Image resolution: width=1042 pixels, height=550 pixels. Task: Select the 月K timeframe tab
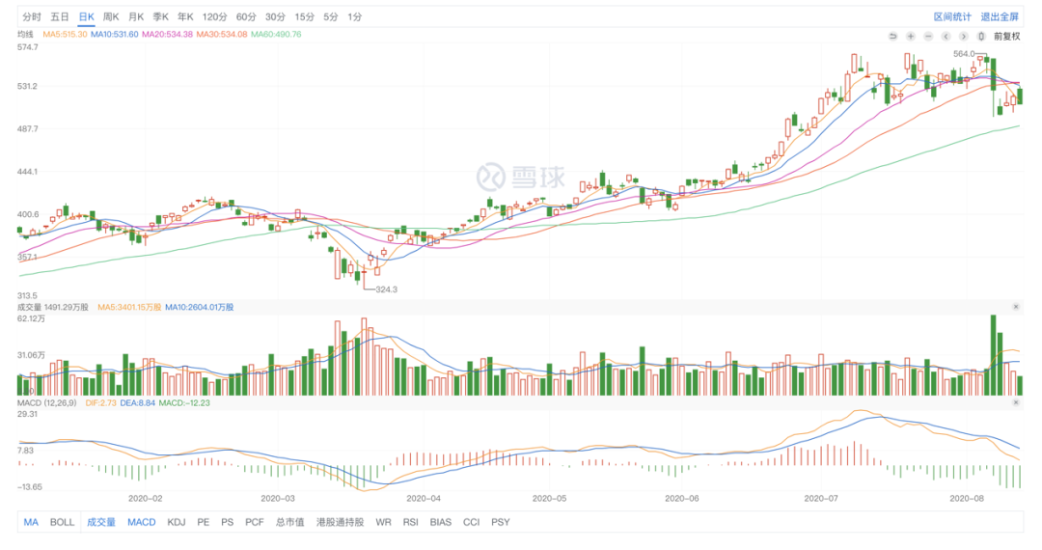click(x=135, y=17)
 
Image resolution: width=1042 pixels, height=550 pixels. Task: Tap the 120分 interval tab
click(x=215, y=17)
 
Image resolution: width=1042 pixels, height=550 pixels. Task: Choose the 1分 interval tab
click(x=355, y=17)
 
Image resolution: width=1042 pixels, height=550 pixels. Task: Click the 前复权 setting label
click(x=1006, y=36)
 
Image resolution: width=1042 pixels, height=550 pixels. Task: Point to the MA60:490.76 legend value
click(x=276, y=35)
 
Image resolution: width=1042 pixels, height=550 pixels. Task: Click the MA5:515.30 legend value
click(x=65, y=35)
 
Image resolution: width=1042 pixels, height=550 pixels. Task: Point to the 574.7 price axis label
click(x=28, y=46)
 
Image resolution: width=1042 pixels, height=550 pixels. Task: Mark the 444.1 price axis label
click(x=28, y=172)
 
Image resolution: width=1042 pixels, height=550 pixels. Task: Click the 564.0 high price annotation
click(x=964, y=54)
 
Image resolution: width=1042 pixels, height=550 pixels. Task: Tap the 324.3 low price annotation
click(x=386, y=289)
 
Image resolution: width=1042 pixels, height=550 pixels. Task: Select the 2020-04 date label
click(x=423, y=499)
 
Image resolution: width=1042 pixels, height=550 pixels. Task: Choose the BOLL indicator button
click(x=62, y=522)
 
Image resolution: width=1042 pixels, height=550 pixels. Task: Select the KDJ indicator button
click(x=176, y=522)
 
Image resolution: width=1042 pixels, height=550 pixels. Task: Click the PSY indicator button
click(x=500, y=522)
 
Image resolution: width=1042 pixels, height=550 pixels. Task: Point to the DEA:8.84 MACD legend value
click(x=139, y=402)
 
